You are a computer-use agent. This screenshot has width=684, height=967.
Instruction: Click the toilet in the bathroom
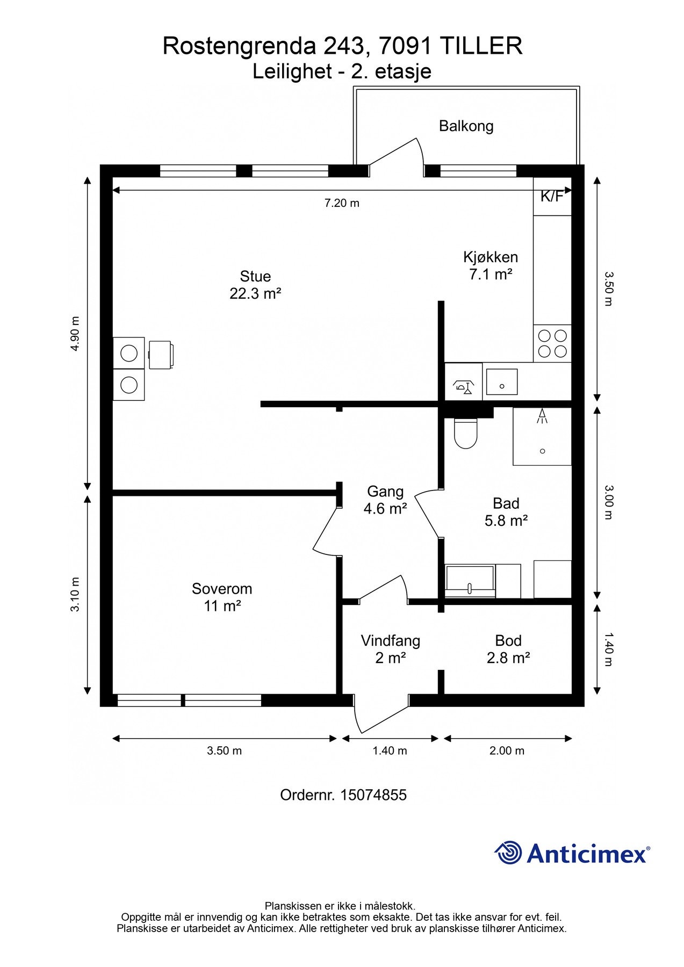point(465,433)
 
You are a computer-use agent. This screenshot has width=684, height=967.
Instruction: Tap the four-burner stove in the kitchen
point(552,343)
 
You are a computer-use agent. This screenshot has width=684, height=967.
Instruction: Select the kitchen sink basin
point(502,382)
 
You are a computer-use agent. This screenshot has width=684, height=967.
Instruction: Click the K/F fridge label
point(552,197)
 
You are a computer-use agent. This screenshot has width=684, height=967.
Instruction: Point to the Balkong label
point(466,126)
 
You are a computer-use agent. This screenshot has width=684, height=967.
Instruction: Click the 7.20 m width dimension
point(342,203)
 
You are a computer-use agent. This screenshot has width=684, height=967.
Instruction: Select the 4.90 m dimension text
point(75,334)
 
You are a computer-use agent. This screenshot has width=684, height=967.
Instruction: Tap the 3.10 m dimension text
point(75,594)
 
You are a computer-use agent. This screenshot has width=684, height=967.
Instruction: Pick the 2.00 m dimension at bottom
point(507,750)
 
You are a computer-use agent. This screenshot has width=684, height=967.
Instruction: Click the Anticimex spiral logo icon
point(508,853)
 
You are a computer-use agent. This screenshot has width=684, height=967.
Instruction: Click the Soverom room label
point(222,589)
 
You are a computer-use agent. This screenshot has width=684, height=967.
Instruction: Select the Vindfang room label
point(390,641)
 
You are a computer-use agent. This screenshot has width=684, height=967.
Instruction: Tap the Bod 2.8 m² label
point(508,649)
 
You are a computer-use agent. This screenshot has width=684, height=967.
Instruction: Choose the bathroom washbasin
point(470,581)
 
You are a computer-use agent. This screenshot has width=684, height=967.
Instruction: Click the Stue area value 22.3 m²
point(255,294)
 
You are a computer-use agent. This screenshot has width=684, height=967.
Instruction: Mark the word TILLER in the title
point(481,46)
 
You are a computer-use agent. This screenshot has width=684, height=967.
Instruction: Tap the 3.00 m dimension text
point(608,502)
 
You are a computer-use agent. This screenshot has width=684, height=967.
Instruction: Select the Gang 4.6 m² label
point(385,500)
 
